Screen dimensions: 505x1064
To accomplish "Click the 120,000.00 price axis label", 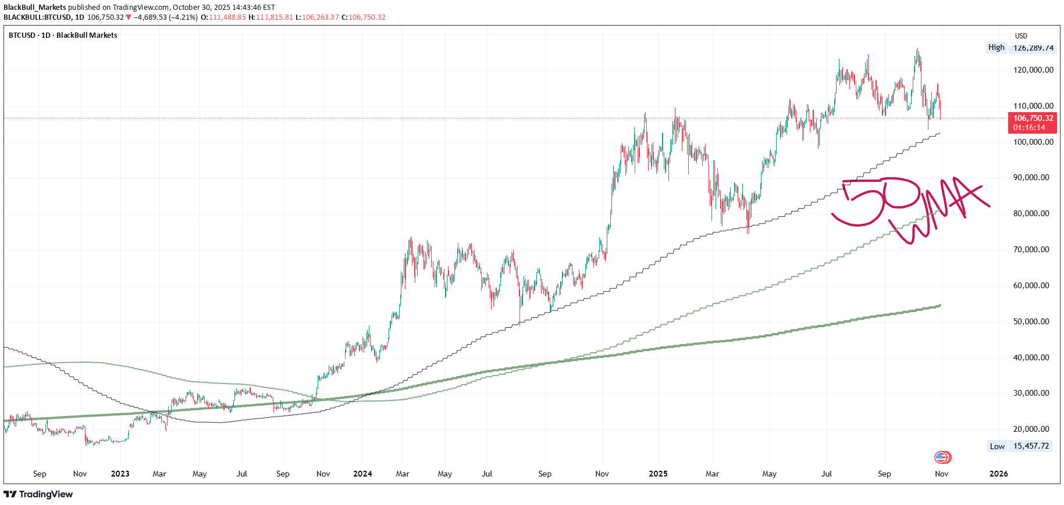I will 1033,70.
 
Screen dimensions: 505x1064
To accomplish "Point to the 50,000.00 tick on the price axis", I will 1033,321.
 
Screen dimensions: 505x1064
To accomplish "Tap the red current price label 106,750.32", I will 1033,118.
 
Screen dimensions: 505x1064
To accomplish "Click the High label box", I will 996,48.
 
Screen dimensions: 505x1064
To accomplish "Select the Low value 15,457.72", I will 1031,446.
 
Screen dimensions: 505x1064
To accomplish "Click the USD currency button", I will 1022,35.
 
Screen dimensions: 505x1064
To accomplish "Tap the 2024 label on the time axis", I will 362,474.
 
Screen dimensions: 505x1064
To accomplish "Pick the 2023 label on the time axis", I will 120,474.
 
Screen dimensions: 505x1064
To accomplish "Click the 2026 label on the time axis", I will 998,474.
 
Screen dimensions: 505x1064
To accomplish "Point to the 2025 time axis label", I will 658,474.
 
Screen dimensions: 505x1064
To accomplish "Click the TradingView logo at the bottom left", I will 38,494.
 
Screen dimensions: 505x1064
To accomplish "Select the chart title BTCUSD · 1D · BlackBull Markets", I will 63,35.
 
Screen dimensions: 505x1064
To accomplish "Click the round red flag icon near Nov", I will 942,457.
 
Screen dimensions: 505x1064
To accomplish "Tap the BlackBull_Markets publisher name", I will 35,8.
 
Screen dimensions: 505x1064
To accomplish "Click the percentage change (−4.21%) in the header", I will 183,17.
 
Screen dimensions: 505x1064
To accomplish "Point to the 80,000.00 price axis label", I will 1033,213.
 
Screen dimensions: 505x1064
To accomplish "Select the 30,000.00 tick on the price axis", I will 1033,393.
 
